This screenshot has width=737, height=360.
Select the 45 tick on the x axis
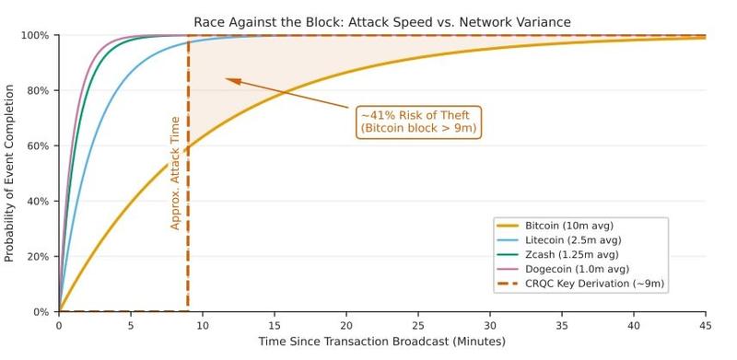[x=706, y=325]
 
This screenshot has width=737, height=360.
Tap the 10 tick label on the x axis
[x=203, y=325]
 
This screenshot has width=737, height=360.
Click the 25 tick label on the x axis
[x=418, y=325]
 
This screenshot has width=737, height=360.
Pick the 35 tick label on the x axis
[x=562, y=325]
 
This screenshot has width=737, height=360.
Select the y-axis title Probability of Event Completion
[x=10, y=173]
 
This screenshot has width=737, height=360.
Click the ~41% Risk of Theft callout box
[x=418, y=122]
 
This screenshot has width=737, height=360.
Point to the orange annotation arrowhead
[x=231, y=81]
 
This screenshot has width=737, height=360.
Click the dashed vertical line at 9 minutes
[x=188, y=230]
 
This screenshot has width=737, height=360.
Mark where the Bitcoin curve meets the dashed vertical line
[x=188, y=147]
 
